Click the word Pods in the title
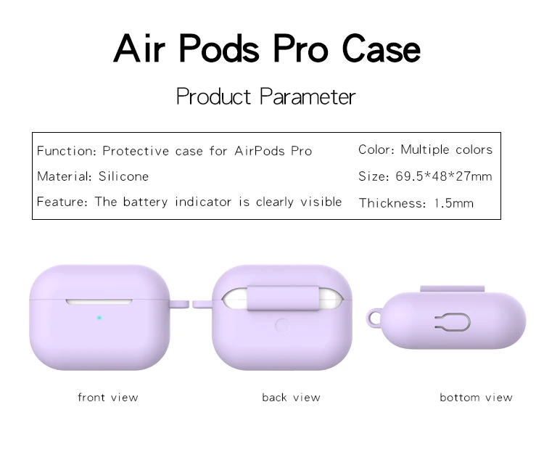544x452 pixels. (219, 48)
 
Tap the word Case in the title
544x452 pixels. (381, 48)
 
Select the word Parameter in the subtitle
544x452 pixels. (308, 96)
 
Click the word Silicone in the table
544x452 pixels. (123, 176)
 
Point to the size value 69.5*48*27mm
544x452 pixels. (444, 176)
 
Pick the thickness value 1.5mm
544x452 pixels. (454, 203)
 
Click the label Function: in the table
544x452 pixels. (67, 151)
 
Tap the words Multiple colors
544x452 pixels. (447, 149)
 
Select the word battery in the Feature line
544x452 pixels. (145, 202)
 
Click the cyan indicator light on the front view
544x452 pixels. (99, 318)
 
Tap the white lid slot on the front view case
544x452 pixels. (99, 302)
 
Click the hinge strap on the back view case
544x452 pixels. (283, 298)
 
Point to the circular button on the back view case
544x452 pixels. (281, 326)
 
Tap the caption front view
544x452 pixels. (108, 397)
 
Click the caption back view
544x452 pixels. (291, 397)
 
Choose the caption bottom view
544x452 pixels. (476, 397)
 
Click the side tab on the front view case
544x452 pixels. (179, 305)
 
